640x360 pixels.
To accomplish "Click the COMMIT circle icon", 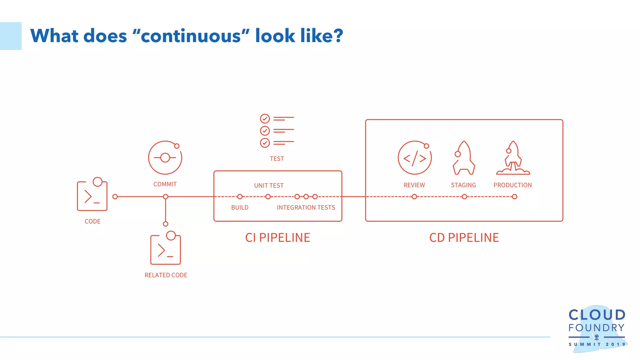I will pos(165,157).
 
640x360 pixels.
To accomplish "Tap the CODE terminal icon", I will pos(92,195).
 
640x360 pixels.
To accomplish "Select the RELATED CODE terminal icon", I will pos(166,249).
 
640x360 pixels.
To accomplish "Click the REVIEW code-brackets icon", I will pos(414,158).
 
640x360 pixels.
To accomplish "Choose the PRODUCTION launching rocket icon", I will pos(513,158).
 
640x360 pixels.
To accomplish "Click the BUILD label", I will pos(240,207).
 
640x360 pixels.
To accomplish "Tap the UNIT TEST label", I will pos(269,186).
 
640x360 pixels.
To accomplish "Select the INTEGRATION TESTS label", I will pos(306,207).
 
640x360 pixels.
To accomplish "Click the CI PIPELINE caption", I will pos(277,238).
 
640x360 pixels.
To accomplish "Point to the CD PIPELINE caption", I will pos(464,238).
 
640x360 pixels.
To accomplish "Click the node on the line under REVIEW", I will pos(414,197).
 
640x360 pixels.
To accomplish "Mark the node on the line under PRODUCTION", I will pos(514,197).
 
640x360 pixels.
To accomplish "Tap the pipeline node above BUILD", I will pos(240,197).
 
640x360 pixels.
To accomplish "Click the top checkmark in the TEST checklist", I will pos(265,119).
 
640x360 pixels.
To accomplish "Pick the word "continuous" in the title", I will pos(191,36).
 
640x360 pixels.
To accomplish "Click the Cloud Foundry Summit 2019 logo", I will pos(597,328).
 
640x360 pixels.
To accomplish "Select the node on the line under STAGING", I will pos(464,197).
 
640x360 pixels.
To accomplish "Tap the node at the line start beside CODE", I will pos(115,197).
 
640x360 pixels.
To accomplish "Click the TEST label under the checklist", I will pos(277,159).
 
